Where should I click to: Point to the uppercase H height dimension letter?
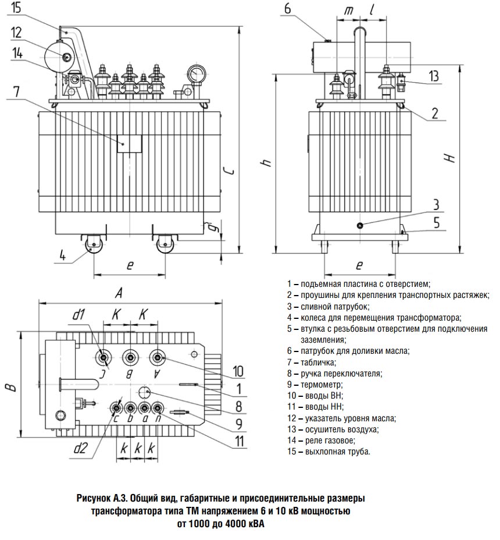pyautogui.click(x=449, y=157)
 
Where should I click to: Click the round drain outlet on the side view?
pyautogui.click(x=360, y=225)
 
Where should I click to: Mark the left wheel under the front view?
pyautogui.click(x=92, y=244)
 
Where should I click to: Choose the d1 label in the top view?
pyautogui.click(x=80, y=316)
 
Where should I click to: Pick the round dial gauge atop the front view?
pyautogui.click(x=196, y=73)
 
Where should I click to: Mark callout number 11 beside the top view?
pyautogui.click(x=238, y=440)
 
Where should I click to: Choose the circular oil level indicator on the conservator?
pyautogui.click(x=65, y=56)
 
